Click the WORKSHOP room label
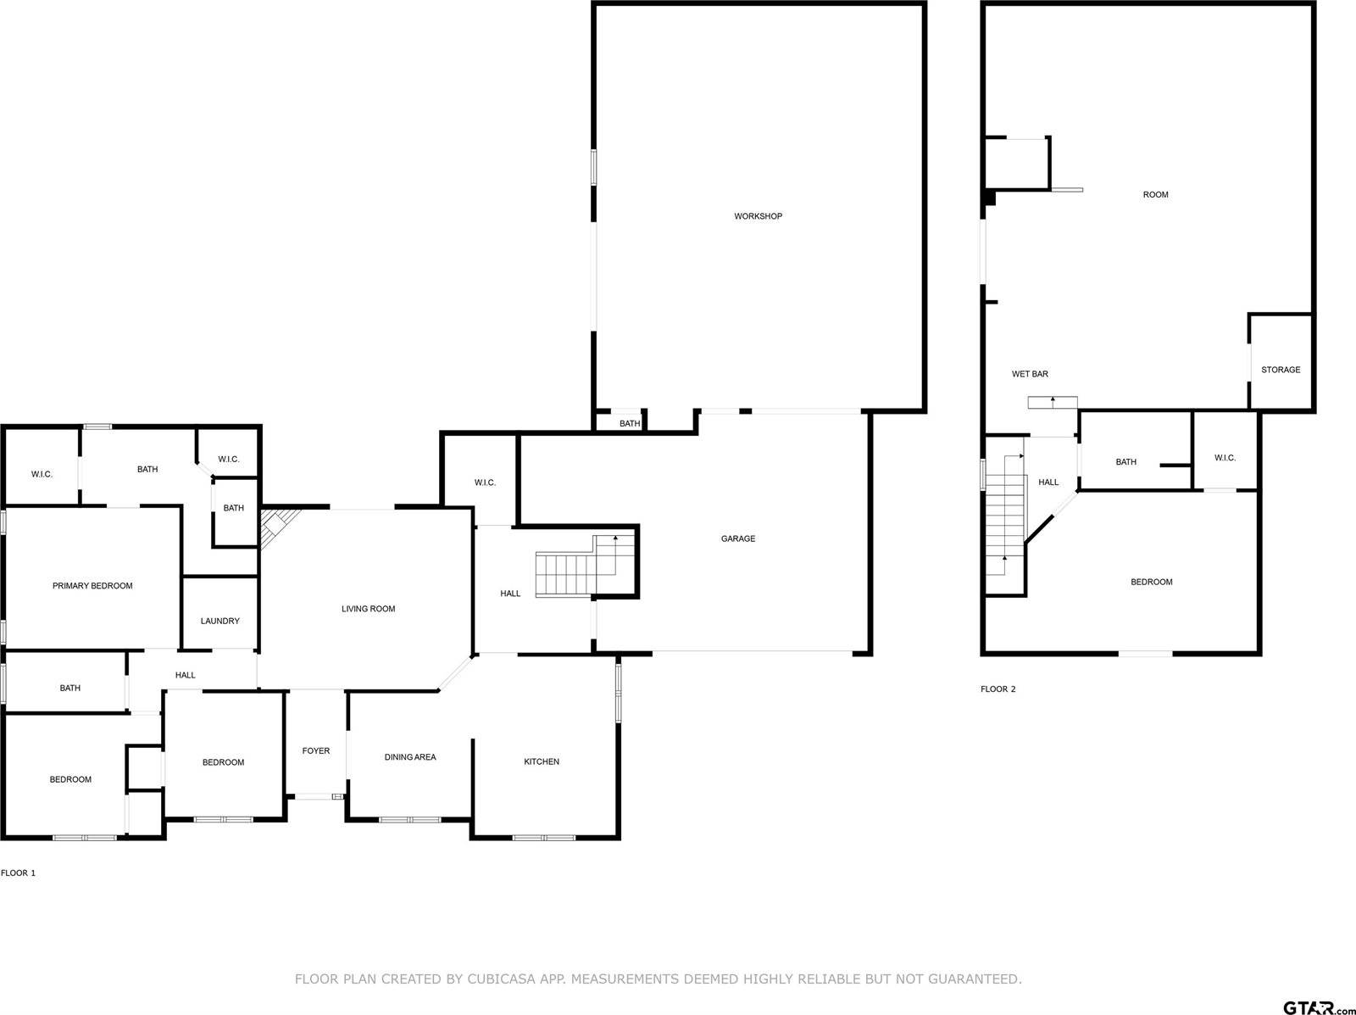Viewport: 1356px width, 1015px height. tap(758, 216)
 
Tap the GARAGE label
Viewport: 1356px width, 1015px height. tap(737, 538)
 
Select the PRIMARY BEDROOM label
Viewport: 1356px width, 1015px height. tap(92, 586)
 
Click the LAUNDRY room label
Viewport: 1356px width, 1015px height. tap(220, 621)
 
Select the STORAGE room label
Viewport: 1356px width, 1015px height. tap(1280, 370)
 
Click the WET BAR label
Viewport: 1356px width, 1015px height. tap(1030, 374)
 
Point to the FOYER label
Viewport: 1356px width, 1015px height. tap(316, 750)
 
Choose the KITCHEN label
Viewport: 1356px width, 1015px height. tap(541, 761)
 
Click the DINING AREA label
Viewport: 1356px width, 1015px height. tap(410, 757)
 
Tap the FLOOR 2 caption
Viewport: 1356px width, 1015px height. tap(998, 689)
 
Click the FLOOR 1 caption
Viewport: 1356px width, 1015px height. tap(18, 873)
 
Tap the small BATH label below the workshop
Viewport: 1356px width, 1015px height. tap(630, 424)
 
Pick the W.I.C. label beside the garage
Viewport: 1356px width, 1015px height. tap(485, 482)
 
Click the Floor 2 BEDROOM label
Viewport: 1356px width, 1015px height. tap(1151, 582)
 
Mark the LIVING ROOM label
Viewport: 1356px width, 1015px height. tap(368, 609)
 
